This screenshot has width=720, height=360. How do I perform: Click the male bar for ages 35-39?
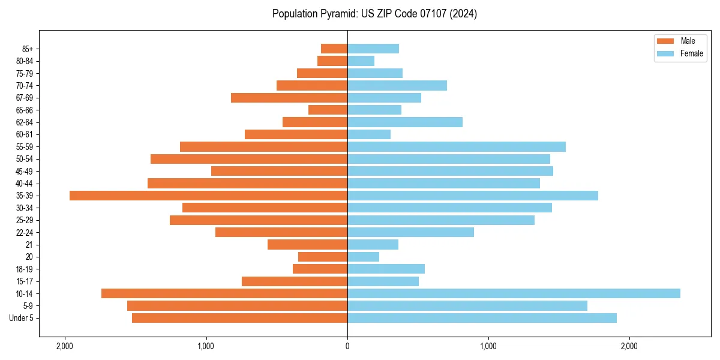point(208,196)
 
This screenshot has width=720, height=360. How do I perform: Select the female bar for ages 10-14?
point(514,293)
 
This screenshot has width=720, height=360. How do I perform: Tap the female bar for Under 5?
point(482,318)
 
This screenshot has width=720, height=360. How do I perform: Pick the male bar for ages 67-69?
point(289,98)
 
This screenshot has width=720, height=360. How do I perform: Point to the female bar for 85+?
point(373,49)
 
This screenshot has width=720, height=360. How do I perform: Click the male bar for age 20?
point(323,257)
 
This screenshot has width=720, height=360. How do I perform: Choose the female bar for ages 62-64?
point(405,122)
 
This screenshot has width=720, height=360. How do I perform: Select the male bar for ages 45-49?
point(279,171)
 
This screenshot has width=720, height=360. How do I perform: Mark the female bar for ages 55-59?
point(457,147)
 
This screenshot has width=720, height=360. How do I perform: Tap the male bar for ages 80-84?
point(332,61)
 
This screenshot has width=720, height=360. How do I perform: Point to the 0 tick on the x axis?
point(347,346)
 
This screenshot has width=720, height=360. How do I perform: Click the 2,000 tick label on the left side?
point(64,346)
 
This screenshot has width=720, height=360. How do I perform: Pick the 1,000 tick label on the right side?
point(488,346)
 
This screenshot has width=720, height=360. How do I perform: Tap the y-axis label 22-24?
point(24,233)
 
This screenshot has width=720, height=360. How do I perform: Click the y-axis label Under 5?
point(21,318)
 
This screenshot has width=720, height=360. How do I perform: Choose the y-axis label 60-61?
point(24,134)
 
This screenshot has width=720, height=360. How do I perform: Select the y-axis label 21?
point(29,245)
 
